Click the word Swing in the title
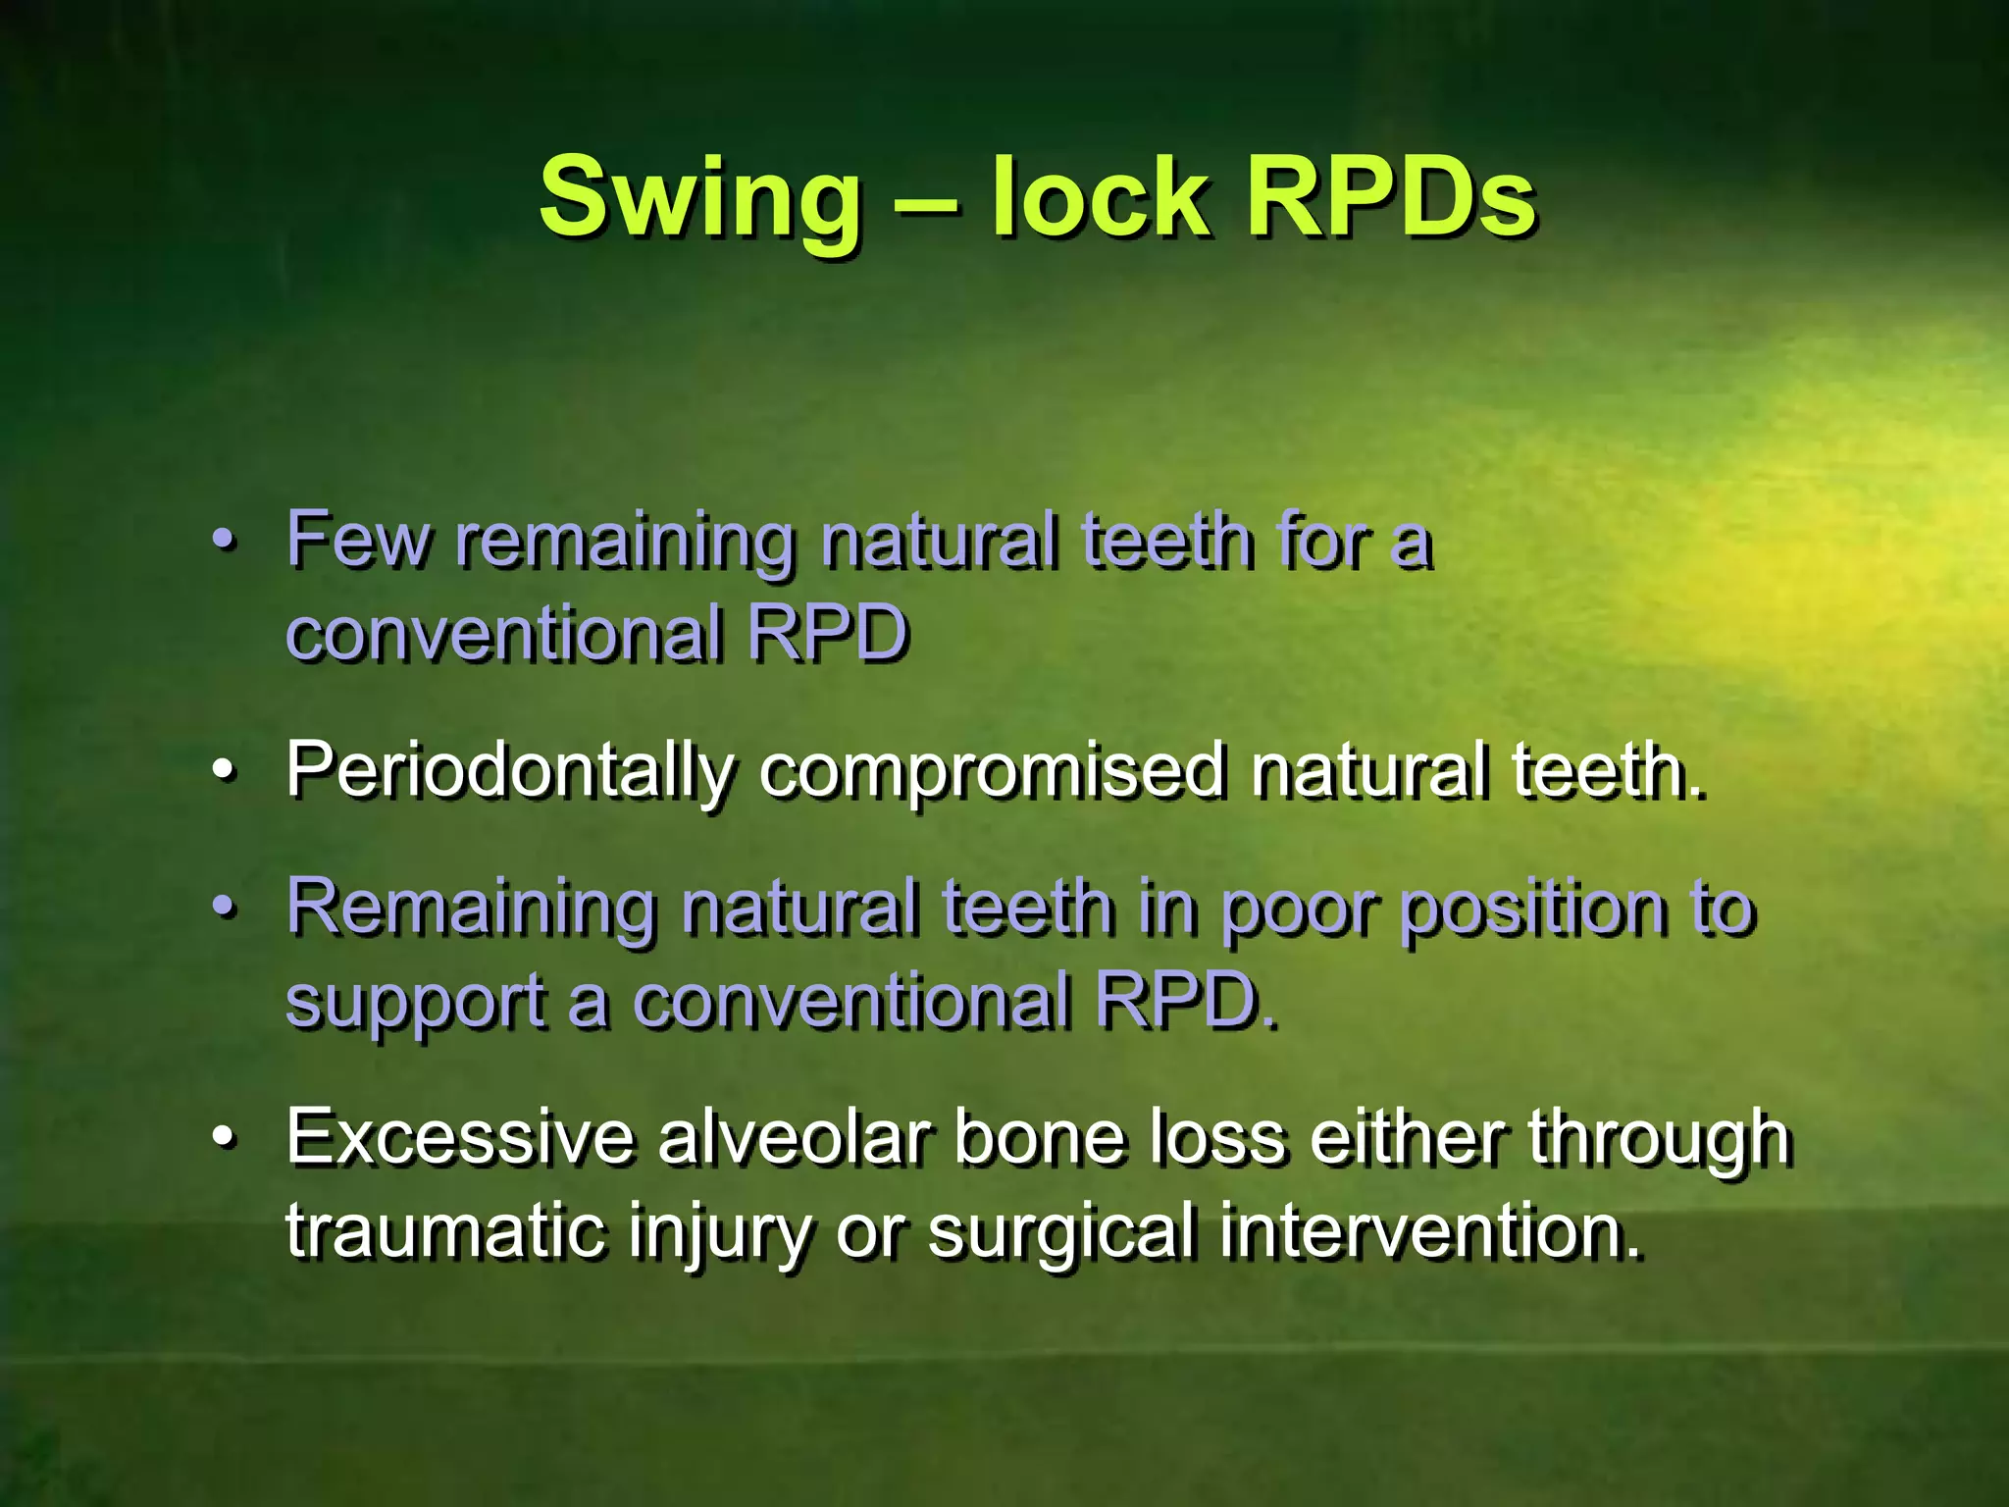pyautogui.click(x=700, y=199)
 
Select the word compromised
pyautogui.click(x=991, y=772)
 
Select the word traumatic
pyautogui.click(x=445, y=1230)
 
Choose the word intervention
pyautogui.click(x=1430, y=1230)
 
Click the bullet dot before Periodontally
pyautogui.click(x=225, y=772)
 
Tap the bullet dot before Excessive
pyautogui.click(x=225, y=1138)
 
